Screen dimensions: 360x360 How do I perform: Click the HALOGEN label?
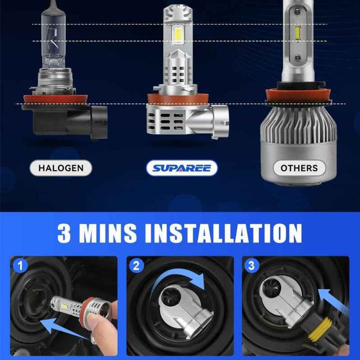pyautogui.click(x=61, y=168)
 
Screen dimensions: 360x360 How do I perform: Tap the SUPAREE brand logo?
pyautogui.click(x=182, y=168)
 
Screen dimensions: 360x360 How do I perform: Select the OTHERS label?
pyautogui.click(x=299, y=168)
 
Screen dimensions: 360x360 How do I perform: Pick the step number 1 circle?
pyautogui.click(x=20, y=266)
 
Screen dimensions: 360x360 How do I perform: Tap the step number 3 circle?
pyautogui.click(x=251, y=266)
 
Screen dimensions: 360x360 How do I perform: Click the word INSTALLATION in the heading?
pyautogui.click(x=223, y=233)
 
